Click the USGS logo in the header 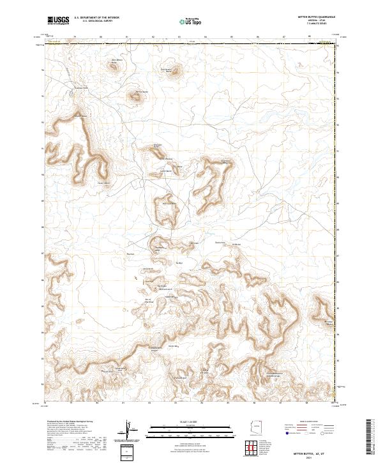click(58, 20)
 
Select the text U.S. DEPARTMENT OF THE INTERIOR click(96, 17)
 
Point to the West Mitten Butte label click(117, 62)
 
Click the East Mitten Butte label click(167, 70)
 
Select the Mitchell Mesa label click(79, 116)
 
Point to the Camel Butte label click(165, 171)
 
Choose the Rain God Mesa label click(167, 203)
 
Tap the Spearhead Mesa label click(225, 161)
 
